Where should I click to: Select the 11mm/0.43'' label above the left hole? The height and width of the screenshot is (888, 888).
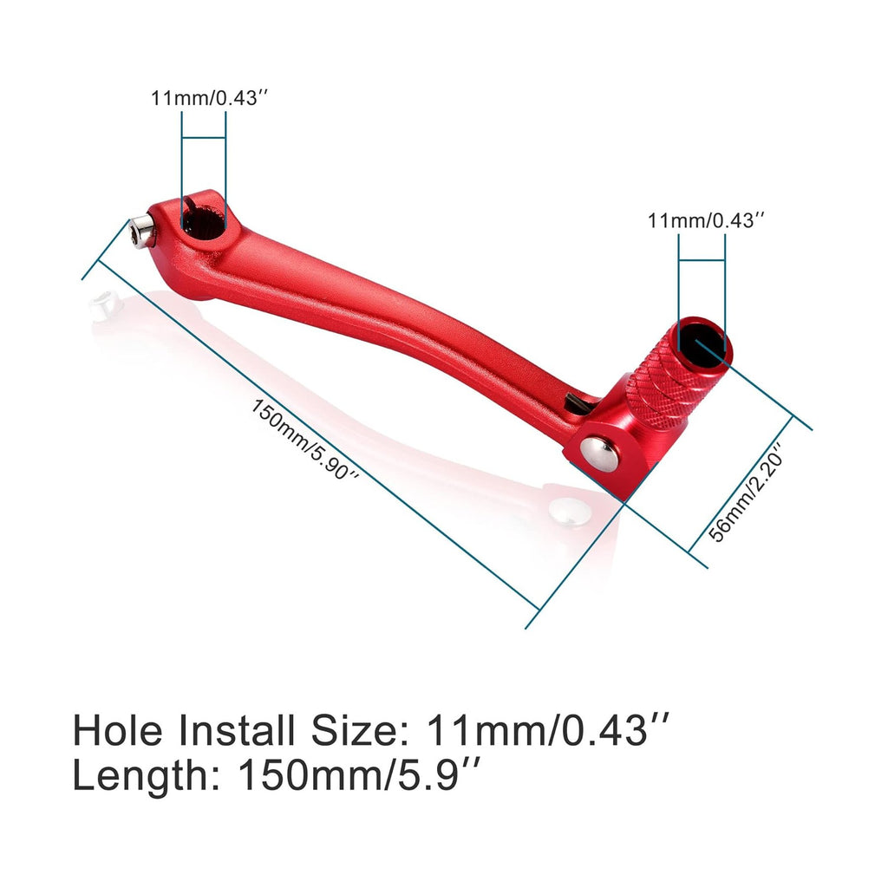pyautogui.click(x=205, y=98)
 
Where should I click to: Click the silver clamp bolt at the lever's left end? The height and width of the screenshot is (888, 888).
pyautogui.click(x=141, y=232)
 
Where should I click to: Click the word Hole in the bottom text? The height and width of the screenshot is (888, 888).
pyautogui.click(x=121, y=730)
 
